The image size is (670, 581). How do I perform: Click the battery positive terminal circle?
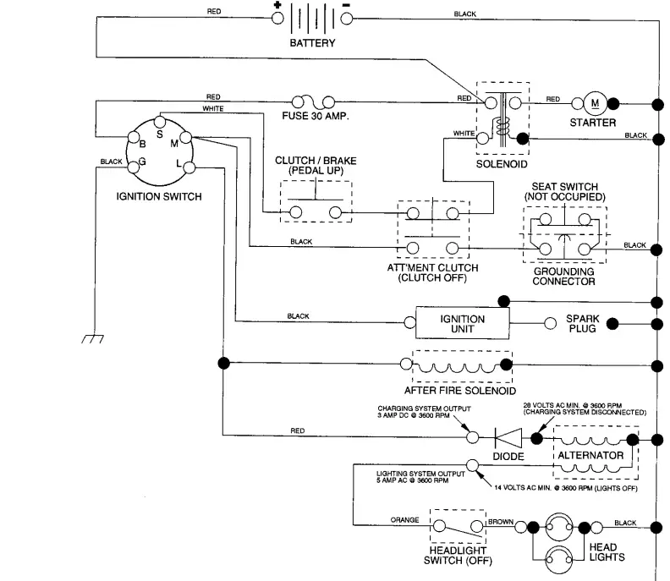coord(277,19)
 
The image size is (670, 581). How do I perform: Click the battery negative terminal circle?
coord(347,19)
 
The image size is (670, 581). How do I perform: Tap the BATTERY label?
coord(312,43)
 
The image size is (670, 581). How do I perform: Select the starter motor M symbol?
coord(595,103)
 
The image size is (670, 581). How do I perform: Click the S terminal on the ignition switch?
coord(159,122)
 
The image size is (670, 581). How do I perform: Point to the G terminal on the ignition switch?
coord(134,167)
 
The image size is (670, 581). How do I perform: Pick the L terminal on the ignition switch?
coord(189,167)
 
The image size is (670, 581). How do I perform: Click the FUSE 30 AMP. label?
coord(316,116)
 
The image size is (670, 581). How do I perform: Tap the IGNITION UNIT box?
coord(463,323)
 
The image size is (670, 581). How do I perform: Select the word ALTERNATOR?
coord(590,455)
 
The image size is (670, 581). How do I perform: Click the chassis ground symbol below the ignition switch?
coord(93,339)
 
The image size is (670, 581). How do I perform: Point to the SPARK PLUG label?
coord(582,323)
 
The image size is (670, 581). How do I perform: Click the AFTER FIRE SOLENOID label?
coord(459,391)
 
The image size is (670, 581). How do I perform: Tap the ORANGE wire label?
coord(404,520)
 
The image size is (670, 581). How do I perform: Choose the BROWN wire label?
coord(501,522)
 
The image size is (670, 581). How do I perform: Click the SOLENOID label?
coord(502,164)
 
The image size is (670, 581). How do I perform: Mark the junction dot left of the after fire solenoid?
coord(223,363)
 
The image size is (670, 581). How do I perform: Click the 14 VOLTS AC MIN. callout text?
coord(566,488)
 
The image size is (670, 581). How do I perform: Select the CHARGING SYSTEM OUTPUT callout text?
coord(424,412)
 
